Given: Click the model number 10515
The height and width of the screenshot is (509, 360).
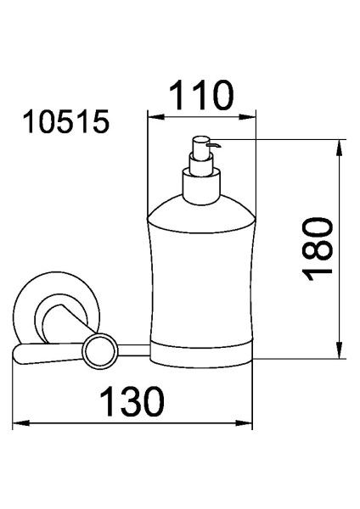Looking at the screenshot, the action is point(66,121).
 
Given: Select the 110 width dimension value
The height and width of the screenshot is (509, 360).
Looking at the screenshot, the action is point(201,95).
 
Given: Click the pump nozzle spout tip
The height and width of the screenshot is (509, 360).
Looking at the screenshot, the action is point(218,145).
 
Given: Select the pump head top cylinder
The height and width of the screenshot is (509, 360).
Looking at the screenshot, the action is point(200,148).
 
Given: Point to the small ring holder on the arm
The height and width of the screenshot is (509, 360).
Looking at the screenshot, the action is point(100,352).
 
